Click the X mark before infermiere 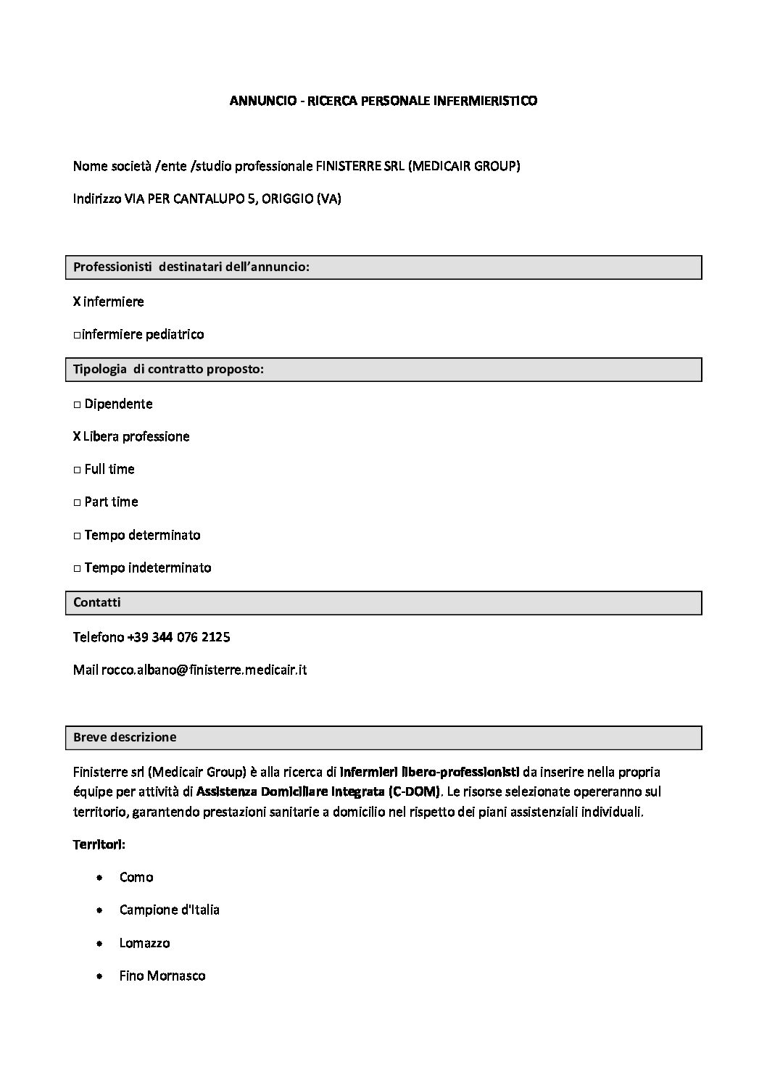[77, 302]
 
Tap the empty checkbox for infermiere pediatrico [77, 335]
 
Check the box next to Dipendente [77, 404]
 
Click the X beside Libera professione [77, 436]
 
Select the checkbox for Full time [77, 470]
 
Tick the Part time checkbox [77, 502]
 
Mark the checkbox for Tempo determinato [77, 536]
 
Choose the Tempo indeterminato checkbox [77, 568]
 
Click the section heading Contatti [97, 602]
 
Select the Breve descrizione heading [125, 737]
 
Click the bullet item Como [136, 877]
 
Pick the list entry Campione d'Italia [169, 910]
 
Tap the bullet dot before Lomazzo [99, 943]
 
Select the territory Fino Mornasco [162, 976]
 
